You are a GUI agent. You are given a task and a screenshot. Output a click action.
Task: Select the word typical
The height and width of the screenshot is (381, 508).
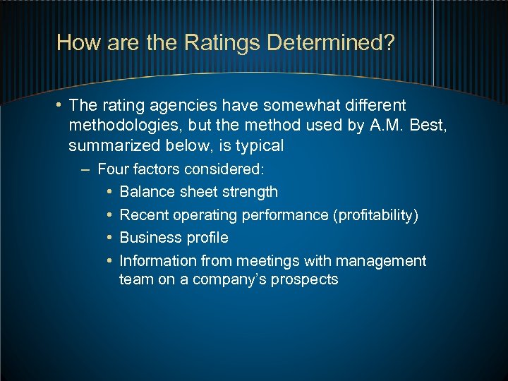tap(258, 146)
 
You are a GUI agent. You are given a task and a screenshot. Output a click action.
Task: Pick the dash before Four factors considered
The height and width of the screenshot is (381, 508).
tap(85, 169)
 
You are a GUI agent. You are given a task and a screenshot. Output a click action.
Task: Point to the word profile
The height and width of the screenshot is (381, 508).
tap(205, 238)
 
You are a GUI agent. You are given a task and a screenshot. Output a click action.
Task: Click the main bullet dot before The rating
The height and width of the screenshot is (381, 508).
tap(60, 106)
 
